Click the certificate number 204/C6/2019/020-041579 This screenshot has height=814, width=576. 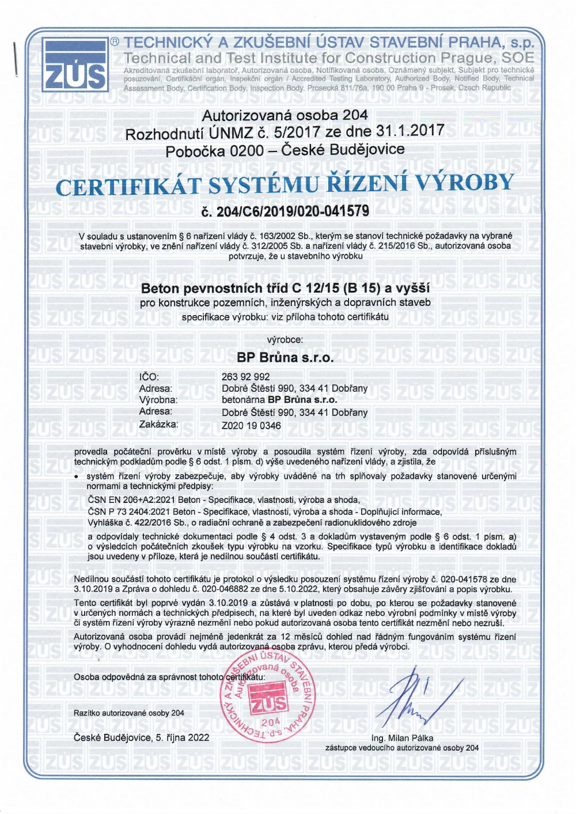coord(285,211)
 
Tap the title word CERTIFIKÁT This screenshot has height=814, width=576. coord(128,187)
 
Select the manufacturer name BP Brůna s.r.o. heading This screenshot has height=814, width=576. coord(285,357)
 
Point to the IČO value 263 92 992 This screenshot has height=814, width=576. coord(245,377)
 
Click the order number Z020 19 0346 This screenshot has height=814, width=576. coord(251,426)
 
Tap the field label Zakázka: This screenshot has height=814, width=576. coord(158,424)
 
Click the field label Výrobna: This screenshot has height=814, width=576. coord(158,400)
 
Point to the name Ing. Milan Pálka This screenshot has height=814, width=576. coord(402,738)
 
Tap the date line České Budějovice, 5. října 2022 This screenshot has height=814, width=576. coord(142,737)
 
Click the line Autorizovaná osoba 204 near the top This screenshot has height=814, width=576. coord(285,115)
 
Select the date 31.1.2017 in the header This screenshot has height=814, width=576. coord(410,131)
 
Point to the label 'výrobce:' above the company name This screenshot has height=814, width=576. coord(285,340)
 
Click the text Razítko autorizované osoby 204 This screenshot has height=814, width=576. coord(129,713)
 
